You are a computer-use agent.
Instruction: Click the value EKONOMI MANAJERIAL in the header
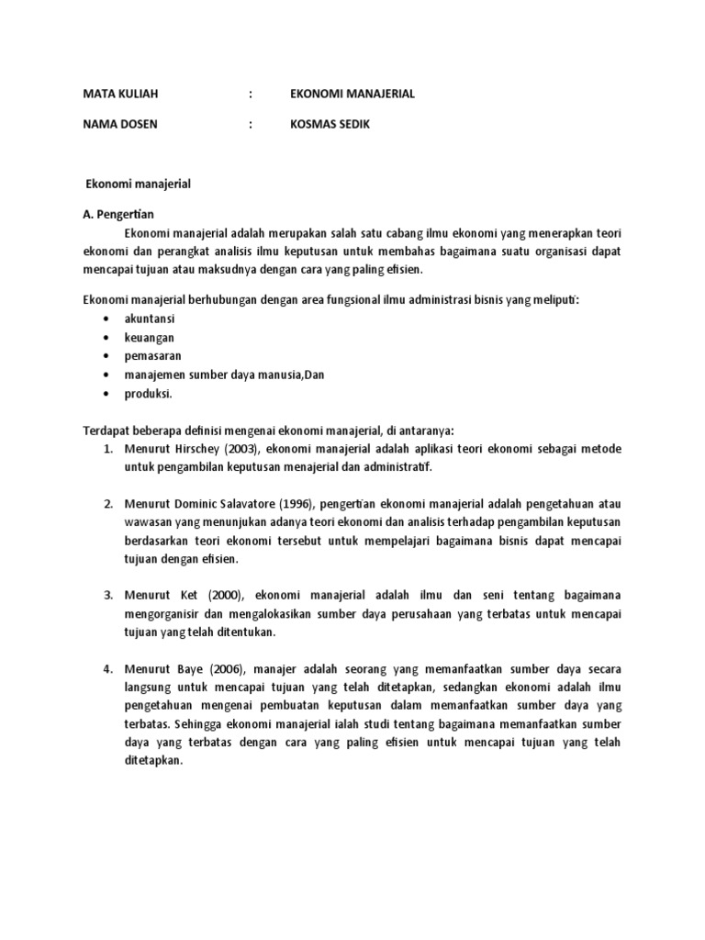(352, 94)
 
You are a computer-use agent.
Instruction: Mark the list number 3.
(107, 597)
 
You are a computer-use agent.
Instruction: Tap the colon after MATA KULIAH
(250, 94)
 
